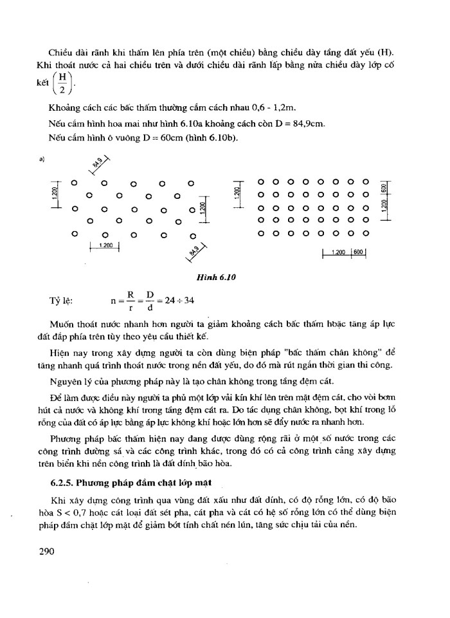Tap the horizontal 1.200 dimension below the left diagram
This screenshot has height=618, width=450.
[x=106, y=245]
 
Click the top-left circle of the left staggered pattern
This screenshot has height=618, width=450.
[x=75, y=183]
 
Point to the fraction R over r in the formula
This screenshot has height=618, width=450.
[x=130, y=301]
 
